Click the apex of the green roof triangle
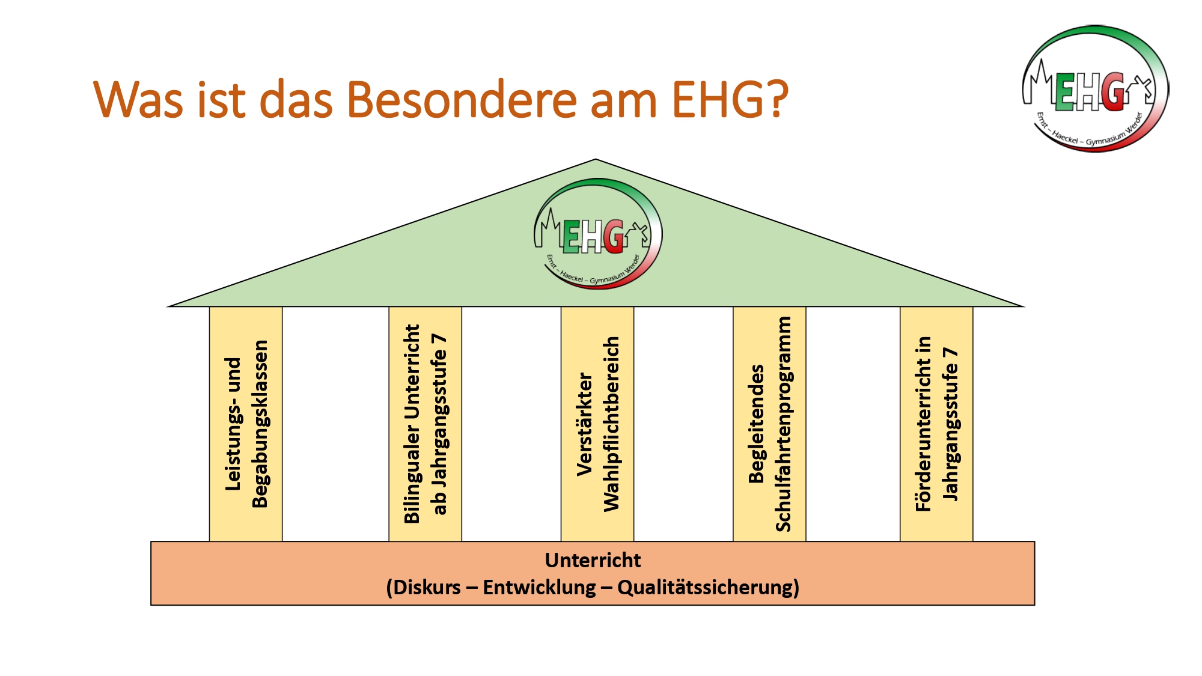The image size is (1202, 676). (596, 159)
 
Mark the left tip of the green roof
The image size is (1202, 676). (168, 306)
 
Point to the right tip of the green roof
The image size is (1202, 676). (1024, 306)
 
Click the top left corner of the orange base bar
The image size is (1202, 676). (151, 542)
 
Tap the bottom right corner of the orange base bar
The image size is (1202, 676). (1034, 604)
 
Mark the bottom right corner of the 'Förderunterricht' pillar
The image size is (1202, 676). (972, 541)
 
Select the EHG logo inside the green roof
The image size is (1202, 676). (598, 234)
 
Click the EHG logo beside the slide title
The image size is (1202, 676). (1095, 88)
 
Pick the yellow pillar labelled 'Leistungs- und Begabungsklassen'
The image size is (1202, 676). (246, 424)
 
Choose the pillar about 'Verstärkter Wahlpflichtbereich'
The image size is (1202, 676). (597, 424)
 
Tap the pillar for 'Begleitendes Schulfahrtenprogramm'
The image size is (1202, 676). (769, 424)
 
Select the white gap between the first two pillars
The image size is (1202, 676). (335, 424)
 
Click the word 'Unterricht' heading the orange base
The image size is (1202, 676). (593, 560)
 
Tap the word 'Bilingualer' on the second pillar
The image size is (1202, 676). (412, 474)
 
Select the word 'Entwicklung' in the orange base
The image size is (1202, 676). (539, 587)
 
